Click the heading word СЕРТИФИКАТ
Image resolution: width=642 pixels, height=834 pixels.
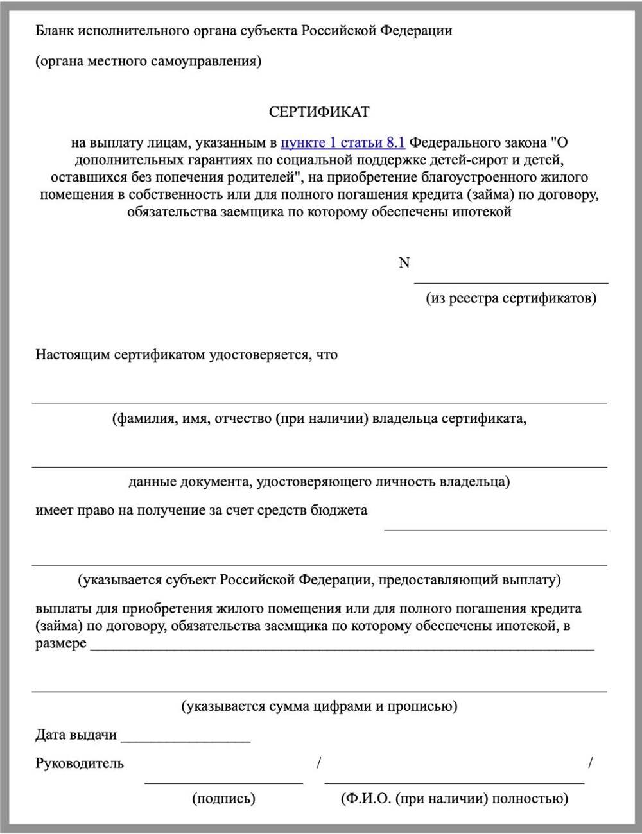pos(319,112)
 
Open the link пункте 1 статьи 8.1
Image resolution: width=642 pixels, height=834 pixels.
pos(343,142)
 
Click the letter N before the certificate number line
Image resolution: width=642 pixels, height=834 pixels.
pos(404,263)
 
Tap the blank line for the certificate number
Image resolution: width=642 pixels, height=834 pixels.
pos(511,281)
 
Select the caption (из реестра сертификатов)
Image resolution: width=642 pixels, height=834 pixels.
pos(511,298)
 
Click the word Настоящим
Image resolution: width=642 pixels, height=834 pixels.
pos(73,355)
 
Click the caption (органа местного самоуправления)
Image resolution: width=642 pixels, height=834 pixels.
pos(148,62)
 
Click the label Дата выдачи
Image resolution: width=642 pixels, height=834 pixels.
pos(76,735)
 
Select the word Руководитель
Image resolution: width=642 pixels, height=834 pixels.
pos(80,763)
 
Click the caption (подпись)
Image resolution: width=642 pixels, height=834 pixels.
pos(223,799)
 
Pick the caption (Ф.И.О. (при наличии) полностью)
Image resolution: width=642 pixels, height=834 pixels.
pos(455,799)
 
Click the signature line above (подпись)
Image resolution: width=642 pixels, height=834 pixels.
pos(223,783)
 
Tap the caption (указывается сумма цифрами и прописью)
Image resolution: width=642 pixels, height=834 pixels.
pos(319,707)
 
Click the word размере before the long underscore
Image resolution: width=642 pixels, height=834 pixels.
pos(60,643)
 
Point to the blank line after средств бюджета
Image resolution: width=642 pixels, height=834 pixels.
pos(495,530)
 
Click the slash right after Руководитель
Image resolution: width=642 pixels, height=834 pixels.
pos(319,763)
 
